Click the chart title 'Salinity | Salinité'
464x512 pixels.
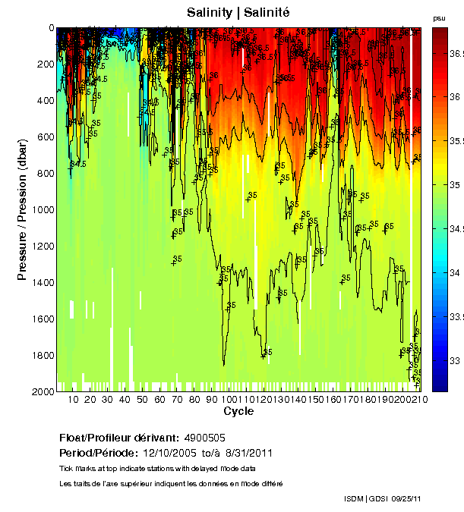pyautogui.click(x=238, y=13)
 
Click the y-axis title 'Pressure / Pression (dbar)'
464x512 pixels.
pyautogui.click(x=22, y=209)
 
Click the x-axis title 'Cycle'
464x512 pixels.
pyautogui.click(x=238, y=411)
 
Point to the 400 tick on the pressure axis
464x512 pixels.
pyautogui.click(x=46, y=101)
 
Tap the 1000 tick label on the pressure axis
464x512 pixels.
pyautogui.click(x=43, y=210)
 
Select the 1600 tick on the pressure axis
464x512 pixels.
pyautogui.click(x=43, y=319)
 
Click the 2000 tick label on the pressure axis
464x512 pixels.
pyautogui.click(x=43, y=391)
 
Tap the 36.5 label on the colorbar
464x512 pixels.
pyautogui.click(x=456, y=54)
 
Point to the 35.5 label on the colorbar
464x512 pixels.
pyautogui.click(x=456, y=141)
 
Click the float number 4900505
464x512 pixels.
pyautogui.click(x=204, y=438)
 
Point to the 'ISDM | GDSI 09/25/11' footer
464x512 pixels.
pyautogui.click(x=382, y=498)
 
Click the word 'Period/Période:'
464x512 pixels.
pyautogui.click(x=95, y=453)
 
